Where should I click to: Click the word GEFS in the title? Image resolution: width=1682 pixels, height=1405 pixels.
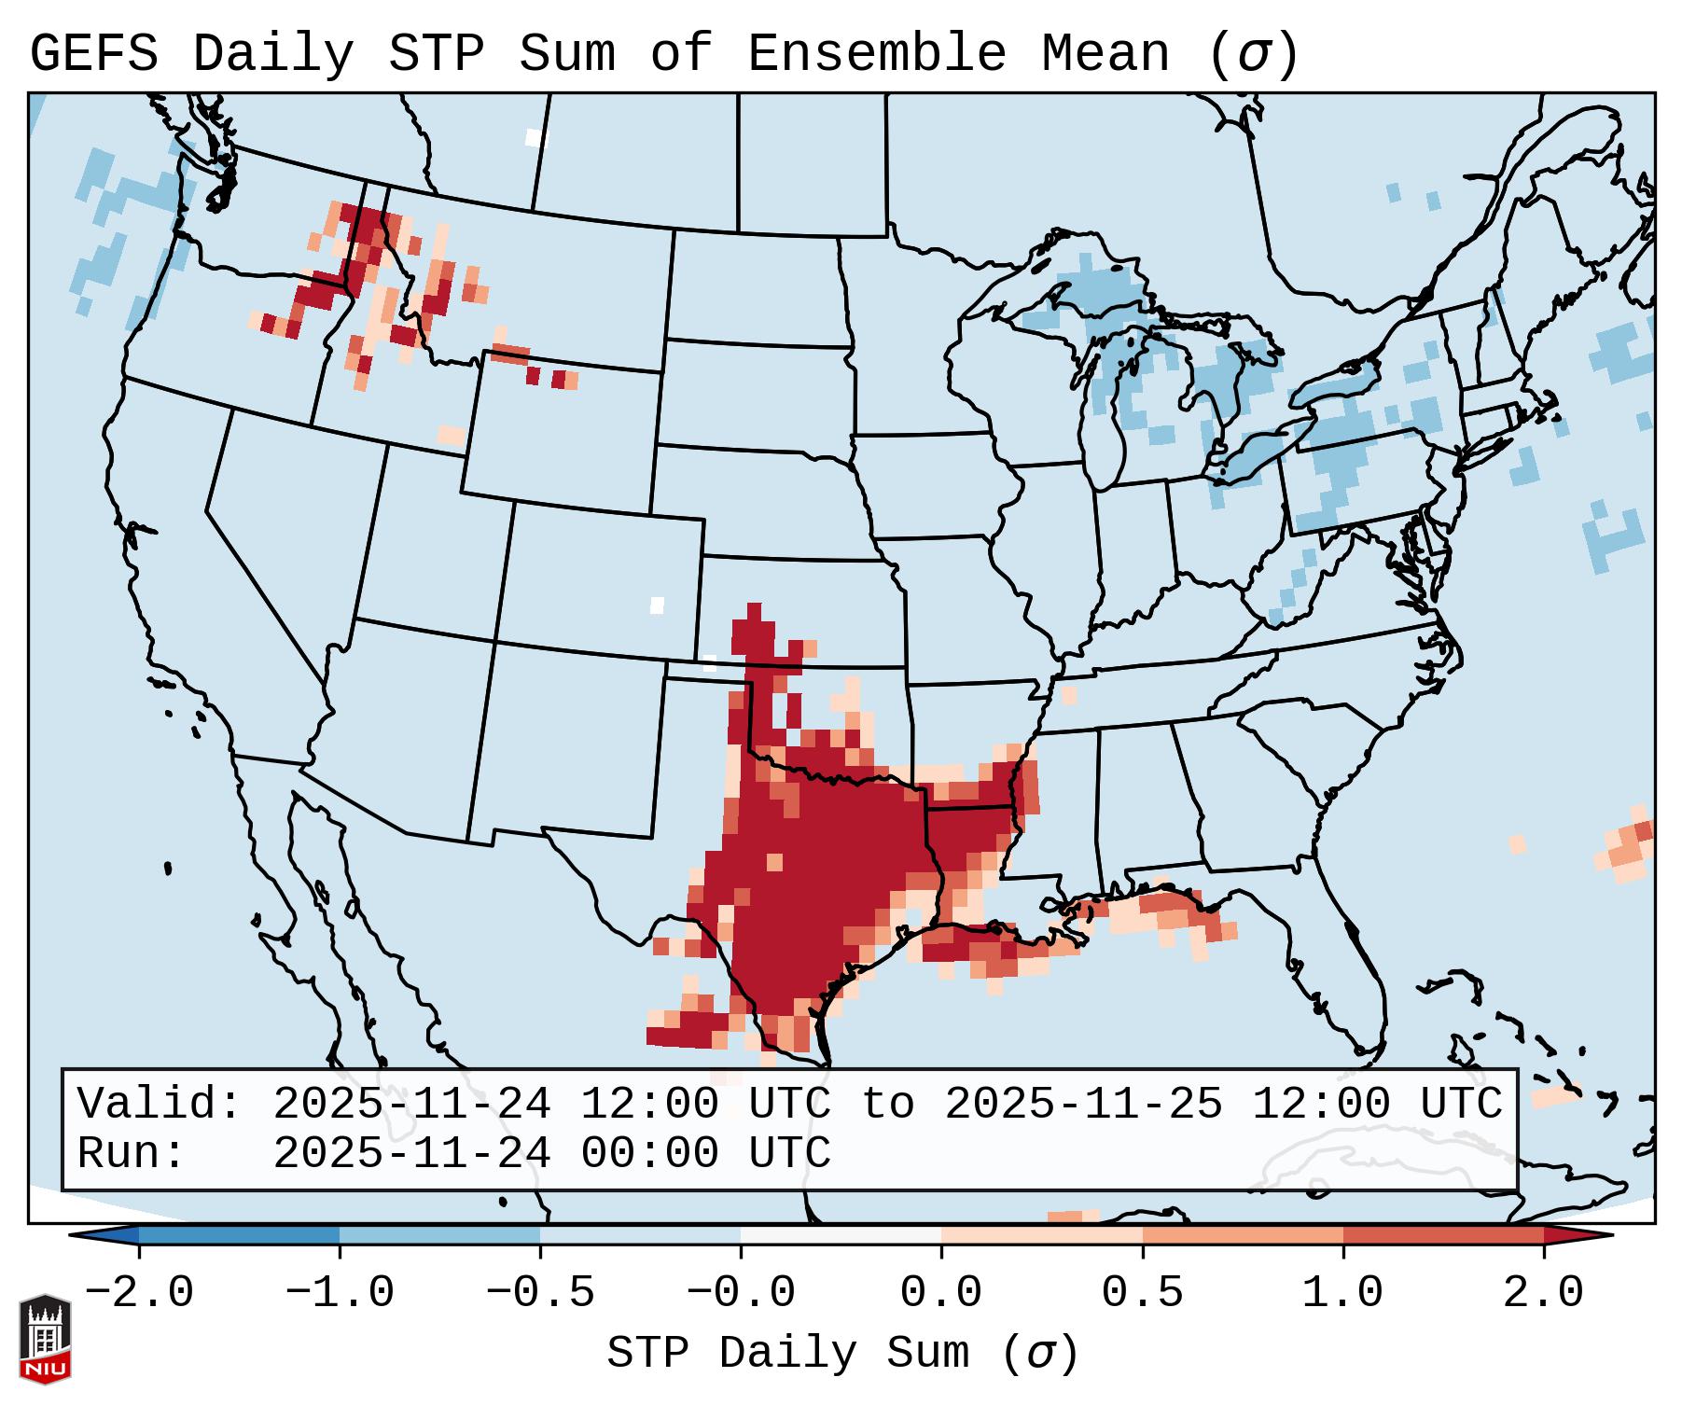(93, 53)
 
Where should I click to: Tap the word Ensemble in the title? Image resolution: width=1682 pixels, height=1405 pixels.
(876, 53)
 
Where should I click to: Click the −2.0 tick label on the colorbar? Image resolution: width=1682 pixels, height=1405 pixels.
(139, 1293)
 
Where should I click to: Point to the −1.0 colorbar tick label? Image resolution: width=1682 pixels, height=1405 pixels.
(340, 1293)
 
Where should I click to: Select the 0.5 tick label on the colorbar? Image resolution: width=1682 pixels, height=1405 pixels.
(1142, 1293)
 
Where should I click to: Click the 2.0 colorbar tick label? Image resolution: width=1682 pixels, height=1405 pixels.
(1544, 1293)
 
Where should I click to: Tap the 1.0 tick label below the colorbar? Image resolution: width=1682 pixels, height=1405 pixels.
(1342, 1293)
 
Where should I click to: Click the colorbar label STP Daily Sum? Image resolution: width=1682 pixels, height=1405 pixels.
(788, 1353)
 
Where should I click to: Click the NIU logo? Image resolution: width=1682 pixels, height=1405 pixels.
(45, 1339)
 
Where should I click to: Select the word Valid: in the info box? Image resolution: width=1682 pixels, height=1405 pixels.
(160, 1104)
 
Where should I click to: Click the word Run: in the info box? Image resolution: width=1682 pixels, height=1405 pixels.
(132, 1153)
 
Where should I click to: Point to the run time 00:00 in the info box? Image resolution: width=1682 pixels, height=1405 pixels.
(649, 1153)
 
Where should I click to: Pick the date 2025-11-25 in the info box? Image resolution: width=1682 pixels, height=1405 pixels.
(1083, 1104)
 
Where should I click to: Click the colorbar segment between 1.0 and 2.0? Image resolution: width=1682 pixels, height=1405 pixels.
(1443, 1235)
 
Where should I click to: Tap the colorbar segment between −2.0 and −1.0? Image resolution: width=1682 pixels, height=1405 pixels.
(239, 1235)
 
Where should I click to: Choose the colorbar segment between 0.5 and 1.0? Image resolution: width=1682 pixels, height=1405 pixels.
(1243, 1235)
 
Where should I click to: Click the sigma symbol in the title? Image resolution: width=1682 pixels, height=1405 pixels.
(1253, 55)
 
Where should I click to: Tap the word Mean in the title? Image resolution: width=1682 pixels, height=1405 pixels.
(1105, 53)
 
